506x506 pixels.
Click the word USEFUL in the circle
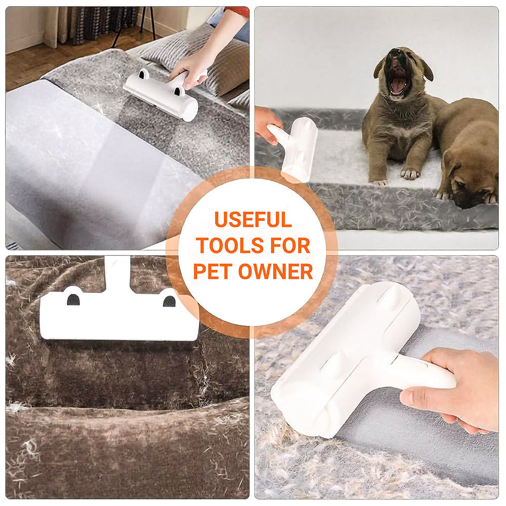252,219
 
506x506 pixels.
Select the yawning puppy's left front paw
410,174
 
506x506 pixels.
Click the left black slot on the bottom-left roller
73,300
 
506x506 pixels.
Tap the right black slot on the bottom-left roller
169,301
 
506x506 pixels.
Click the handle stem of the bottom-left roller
117,273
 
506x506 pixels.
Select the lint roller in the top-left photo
161,94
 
